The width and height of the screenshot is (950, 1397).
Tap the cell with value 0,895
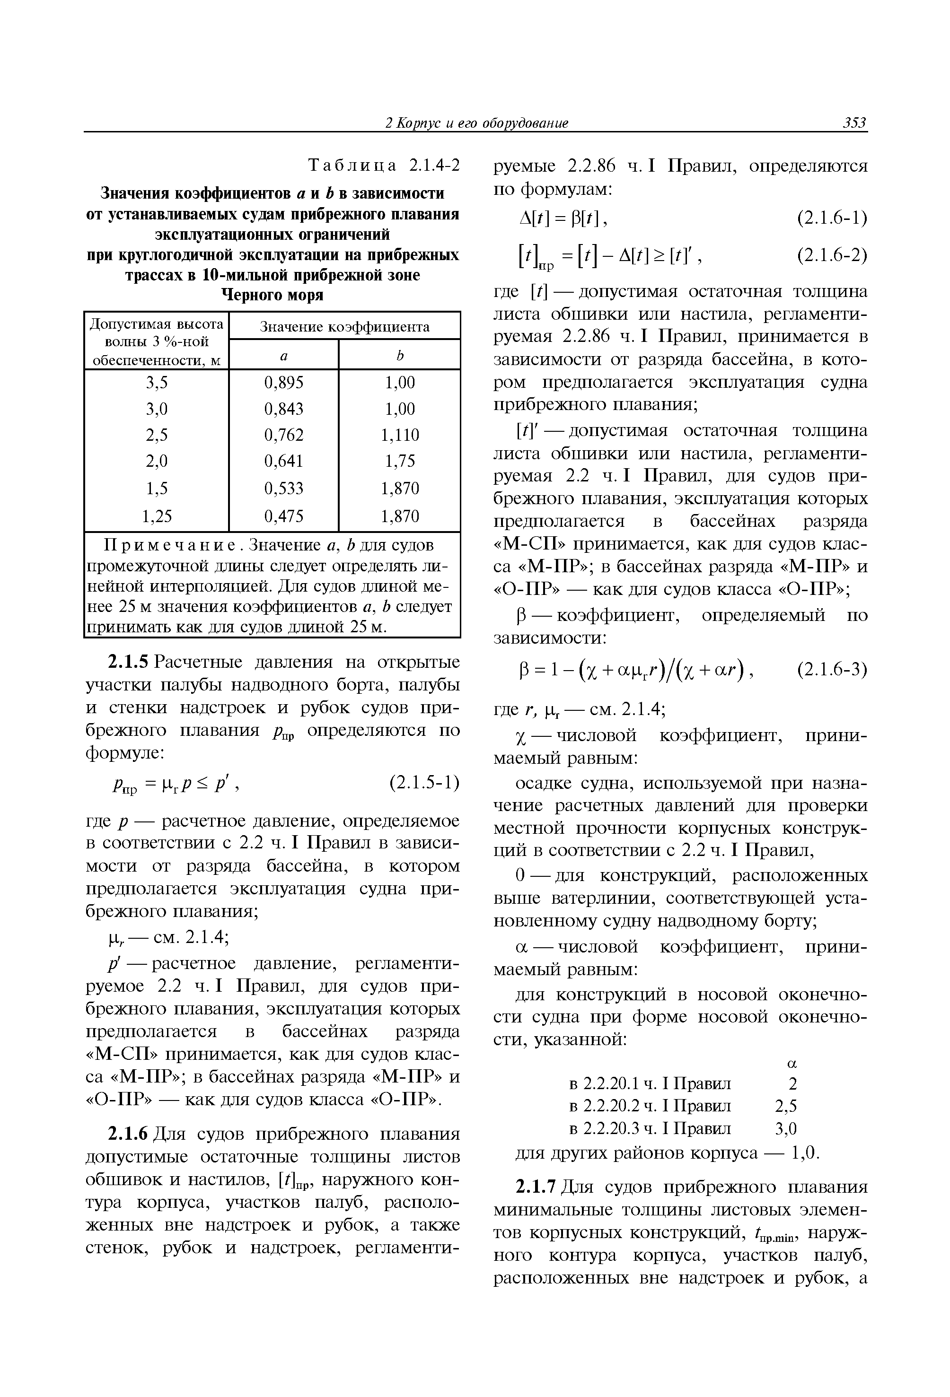284,383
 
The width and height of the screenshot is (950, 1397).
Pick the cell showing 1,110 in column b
400,435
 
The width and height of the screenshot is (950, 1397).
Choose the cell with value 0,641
284,461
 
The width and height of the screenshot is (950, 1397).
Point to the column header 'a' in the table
284,356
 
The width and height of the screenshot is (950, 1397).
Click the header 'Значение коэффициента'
344,326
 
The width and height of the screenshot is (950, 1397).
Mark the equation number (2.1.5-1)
424,782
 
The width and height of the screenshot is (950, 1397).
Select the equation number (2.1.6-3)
832,670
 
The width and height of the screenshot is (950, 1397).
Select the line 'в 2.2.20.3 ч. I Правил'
650,1128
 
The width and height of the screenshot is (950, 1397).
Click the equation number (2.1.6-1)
832,218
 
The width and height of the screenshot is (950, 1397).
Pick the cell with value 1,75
400,461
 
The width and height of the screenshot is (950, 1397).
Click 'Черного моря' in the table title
273,295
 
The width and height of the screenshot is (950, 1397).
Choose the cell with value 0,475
284,516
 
